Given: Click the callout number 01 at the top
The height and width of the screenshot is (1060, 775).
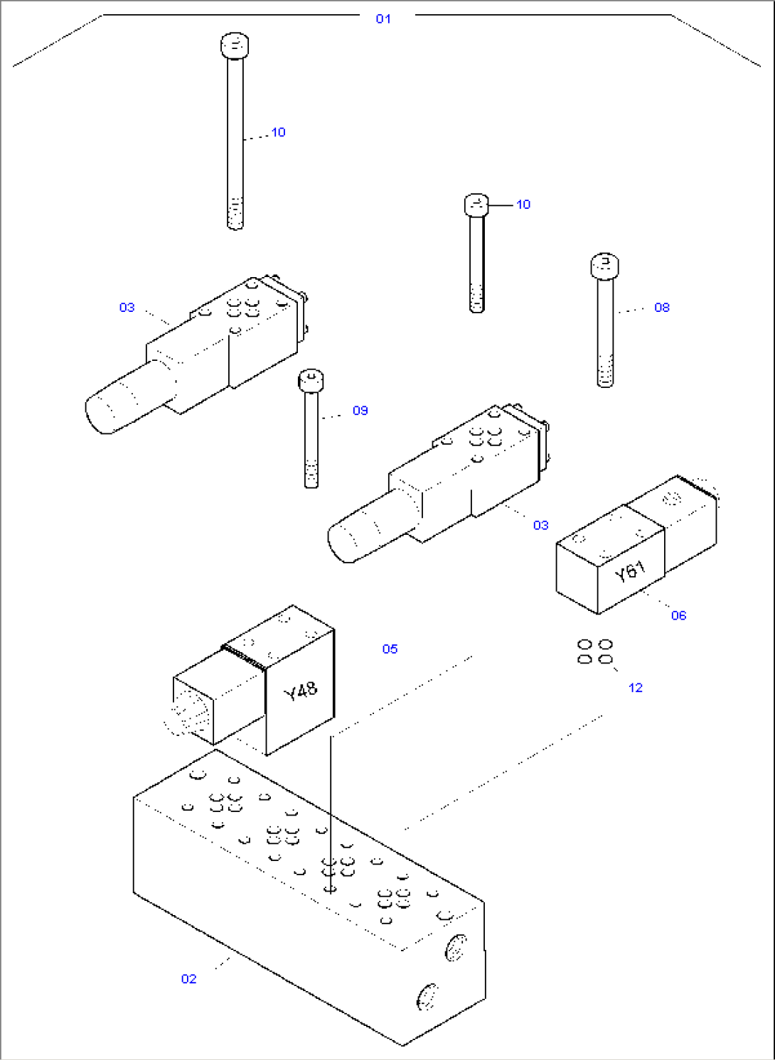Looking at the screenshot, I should click(x=383, y=19).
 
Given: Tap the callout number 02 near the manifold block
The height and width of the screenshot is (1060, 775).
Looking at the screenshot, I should click(x=188, y=979).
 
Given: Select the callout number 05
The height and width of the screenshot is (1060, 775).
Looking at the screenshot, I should click(x=390, y=649).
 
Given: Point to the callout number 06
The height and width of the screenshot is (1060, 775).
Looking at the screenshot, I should click(x=678, y=615).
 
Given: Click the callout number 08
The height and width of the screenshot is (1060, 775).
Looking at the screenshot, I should click(x=661, y=308).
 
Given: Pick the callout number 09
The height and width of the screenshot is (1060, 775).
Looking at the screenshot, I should click(x=360, y=411).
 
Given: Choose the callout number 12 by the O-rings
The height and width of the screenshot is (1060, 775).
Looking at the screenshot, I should click(x=635, y=688).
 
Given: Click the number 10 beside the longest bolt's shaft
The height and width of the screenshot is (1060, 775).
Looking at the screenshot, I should click(x=278, y=132).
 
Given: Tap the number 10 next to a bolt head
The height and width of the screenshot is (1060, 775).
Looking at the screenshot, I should click(x=523, y=205).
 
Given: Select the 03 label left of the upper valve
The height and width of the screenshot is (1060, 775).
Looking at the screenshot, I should click(x=127, y=308).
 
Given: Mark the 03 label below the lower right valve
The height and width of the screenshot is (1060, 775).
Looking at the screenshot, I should click(x=540, y=525).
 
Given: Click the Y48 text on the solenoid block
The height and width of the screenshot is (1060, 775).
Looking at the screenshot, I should click(x=301, y=691).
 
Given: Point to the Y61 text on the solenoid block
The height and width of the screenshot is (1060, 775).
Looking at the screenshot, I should click(x=630, y=570).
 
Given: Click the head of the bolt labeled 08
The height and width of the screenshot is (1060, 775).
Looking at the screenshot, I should click(x=604, y=266).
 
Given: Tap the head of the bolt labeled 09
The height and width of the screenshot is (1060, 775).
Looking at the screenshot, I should click(x=311, y=379).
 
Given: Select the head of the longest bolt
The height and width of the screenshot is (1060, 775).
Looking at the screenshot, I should click(x=235, y=45).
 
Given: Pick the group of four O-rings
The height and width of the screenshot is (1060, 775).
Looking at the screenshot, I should click(x=595, y=651).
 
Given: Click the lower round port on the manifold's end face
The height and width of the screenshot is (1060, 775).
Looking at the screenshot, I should click(x=427, y=996).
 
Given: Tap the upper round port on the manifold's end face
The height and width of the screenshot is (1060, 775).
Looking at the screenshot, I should click(x=455, y=948).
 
